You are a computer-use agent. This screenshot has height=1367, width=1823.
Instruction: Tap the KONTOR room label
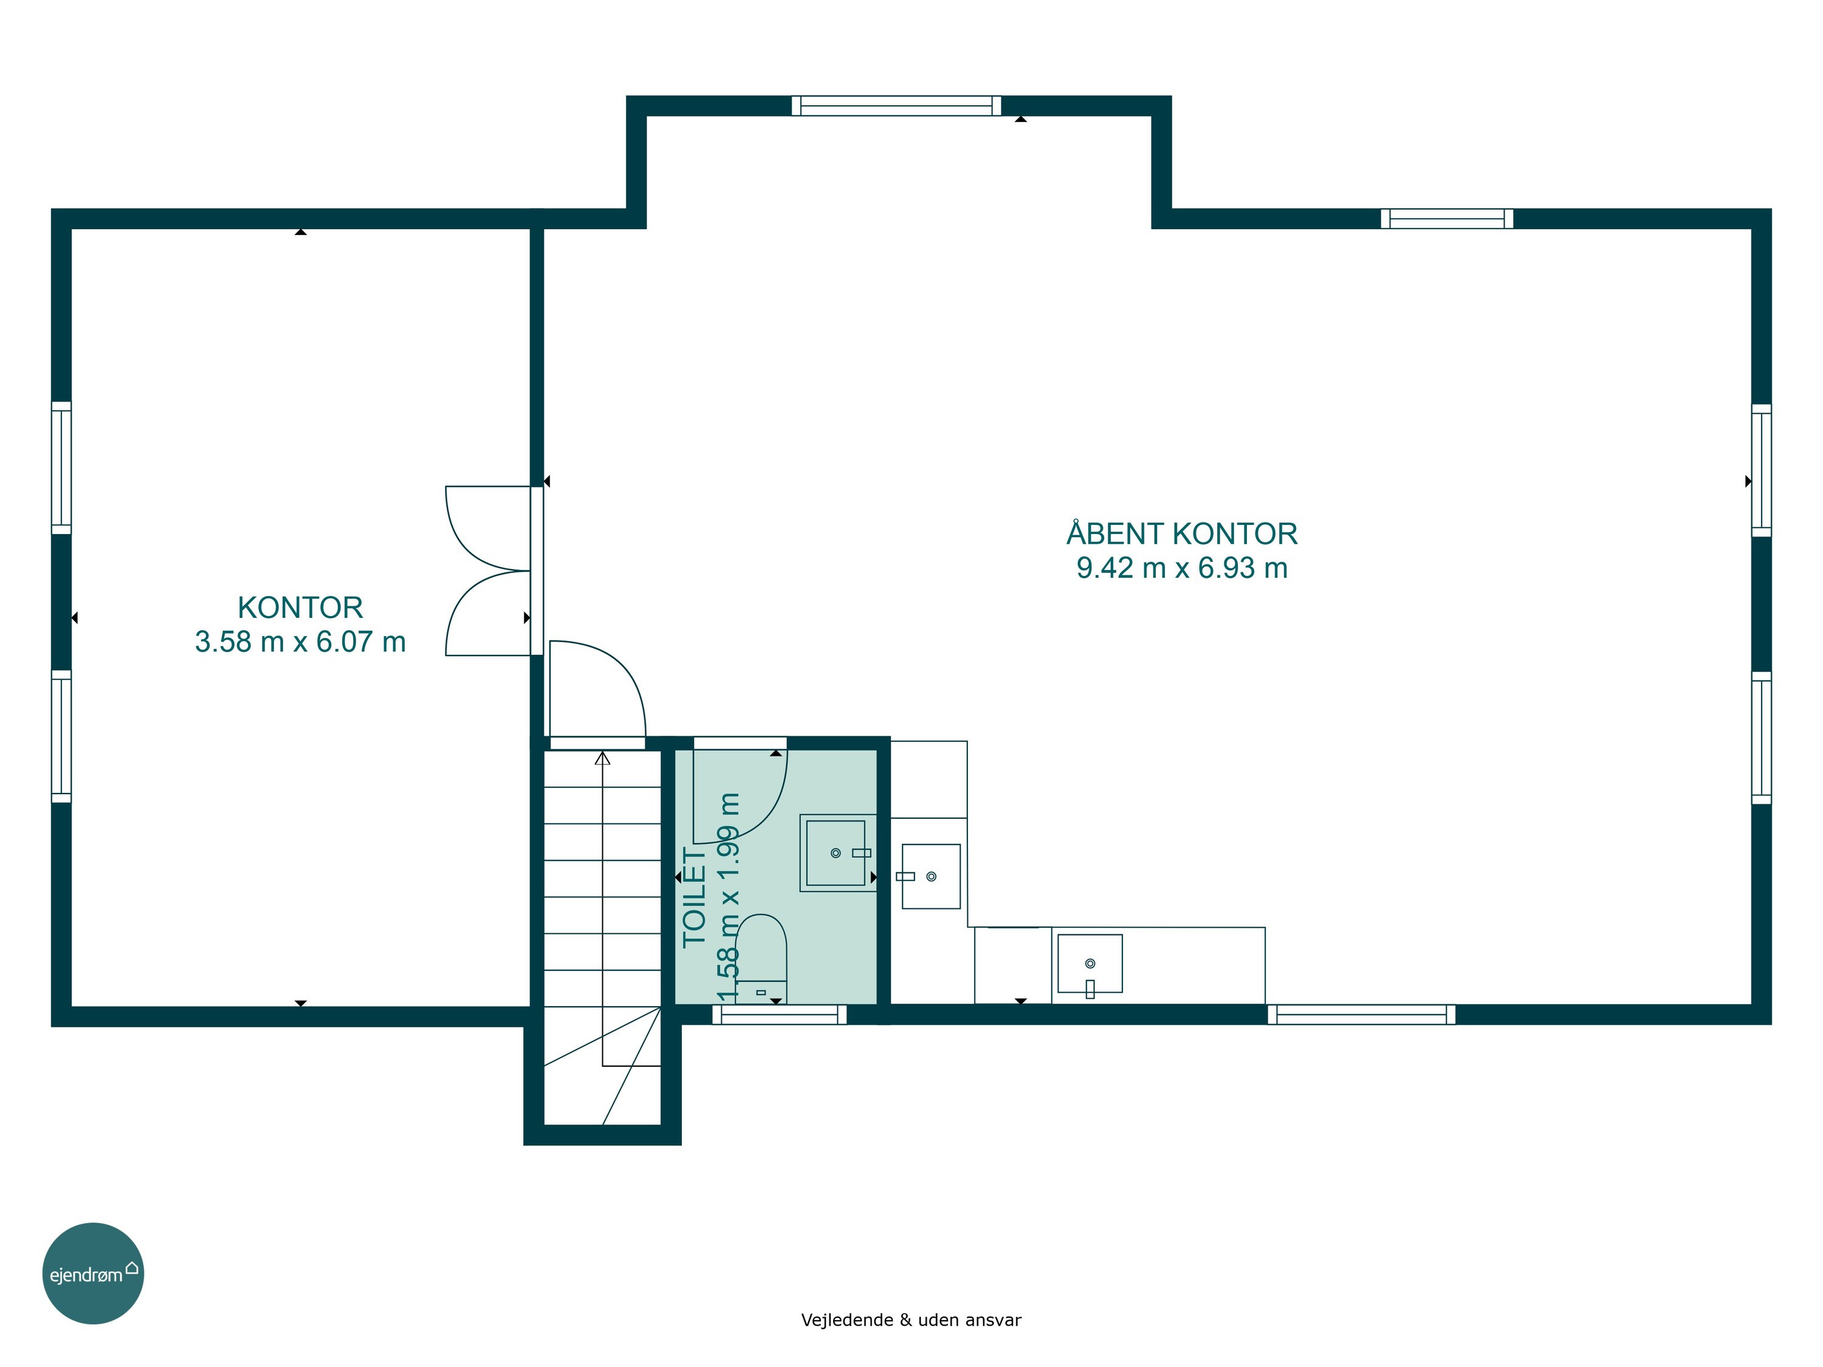300,608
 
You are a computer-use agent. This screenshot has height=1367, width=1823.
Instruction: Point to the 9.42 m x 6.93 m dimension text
1182,567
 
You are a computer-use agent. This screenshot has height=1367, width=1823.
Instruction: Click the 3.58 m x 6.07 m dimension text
300,642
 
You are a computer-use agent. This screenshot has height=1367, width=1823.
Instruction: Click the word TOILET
695,898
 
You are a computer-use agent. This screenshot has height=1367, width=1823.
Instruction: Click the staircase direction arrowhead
602,758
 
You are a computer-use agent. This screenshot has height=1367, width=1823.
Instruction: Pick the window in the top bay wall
897,106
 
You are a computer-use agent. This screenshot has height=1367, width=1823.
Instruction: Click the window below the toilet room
779,1015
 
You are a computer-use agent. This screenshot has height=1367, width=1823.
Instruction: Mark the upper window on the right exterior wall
1761,470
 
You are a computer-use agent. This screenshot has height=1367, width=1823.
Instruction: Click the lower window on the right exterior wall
1761,738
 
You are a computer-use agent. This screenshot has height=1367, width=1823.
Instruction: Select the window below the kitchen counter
1362,1015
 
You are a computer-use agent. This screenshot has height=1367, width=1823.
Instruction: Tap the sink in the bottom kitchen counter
1090,964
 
